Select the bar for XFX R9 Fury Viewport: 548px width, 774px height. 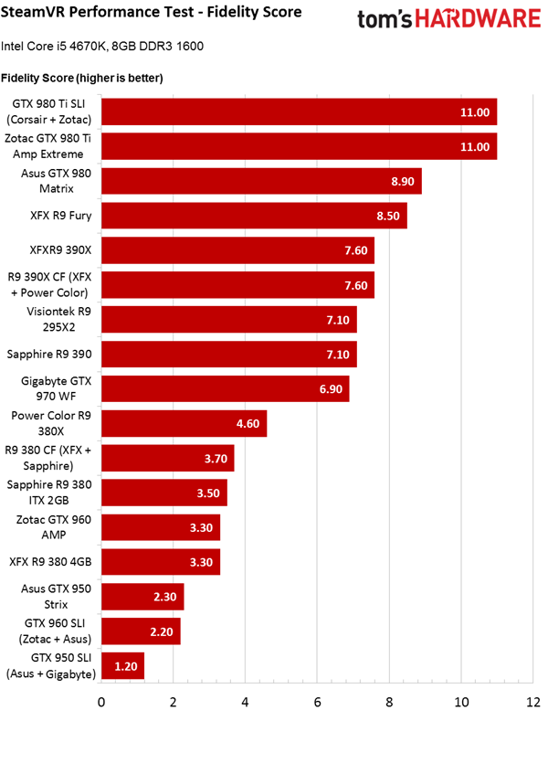[254, 216]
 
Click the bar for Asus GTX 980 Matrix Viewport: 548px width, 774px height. [261, 181]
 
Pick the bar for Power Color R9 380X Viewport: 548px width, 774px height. [184, 423]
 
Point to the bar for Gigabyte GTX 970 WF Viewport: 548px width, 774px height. [225, 388]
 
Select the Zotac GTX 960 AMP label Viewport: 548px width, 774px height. [50, 526]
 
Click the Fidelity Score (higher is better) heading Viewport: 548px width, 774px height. [82, 78]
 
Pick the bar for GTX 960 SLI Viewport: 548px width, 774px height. [141, 631]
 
